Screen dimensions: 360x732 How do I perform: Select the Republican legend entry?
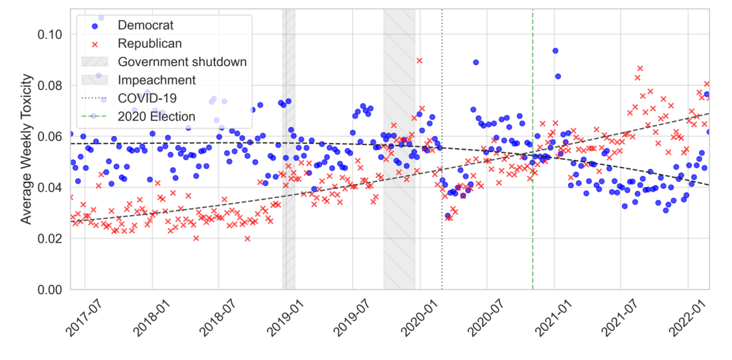pyautogui.click(x=150, y=44)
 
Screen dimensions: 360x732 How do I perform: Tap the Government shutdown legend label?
pyautogui.click(x=182, y=62)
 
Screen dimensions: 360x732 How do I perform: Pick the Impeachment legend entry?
pyautogui.click(x=156, y=80)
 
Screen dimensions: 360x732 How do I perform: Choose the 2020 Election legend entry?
pyautogui.click(x=156, y=117)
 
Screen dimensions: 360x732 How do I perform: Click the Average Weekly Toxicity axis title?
pyautogui.click(x=26, y=149)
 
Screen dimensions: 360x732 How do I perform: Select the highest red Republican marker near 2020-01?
pyautogui.click(x=419, y=61)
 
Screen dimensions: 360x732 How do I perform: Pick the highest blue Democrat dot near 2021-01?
pyautogui.click(x=555, y=51)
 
